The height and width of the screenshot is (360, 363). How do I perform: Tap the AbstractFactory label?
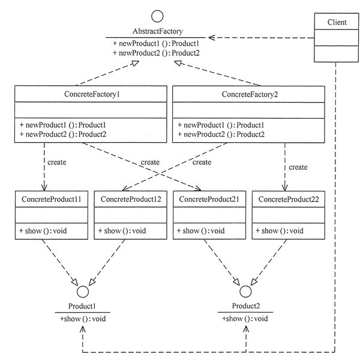pos(157,31)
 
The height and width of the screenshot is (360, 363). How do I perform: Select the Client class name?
pos(337,22)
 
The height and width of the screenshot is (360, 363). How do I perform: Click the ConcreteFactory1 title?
pos(92,94)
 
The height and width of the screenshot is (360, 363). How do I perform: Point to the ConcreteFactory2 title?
pos(250,94)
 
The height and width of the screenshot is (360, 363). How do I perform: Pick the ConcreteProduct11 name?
pos(52,199)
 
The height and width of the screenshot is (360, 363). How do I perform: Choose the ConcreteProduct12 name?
pos(131,199)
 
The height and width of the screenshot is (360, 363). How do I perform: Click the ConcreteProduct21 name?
pos(209,199)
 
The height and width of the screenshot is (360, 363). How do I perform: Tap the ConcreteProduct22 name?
pos(289,199)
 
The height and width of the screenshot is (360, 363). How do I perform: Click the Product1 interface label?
pos(82,306)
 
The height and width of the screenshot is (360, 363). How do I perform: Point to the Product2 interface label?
pos(246,306)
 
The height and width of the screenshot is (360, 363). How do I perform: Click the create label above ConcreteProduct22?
pos(298,167)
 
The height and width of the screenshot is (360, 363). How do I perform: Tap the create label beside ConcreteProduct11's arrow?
pos(57,162)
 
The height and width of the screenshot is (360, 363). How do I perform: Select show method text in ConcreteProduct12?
pos(122,231)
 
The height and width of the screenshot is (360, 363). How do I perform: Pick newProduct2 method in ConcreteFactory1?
pos(63,134)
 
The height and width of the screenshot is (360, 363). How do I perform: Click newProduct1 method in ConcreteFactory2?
pos(221,125)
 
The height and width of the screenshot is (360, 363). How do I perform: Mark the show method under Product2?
pos(245,319)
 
